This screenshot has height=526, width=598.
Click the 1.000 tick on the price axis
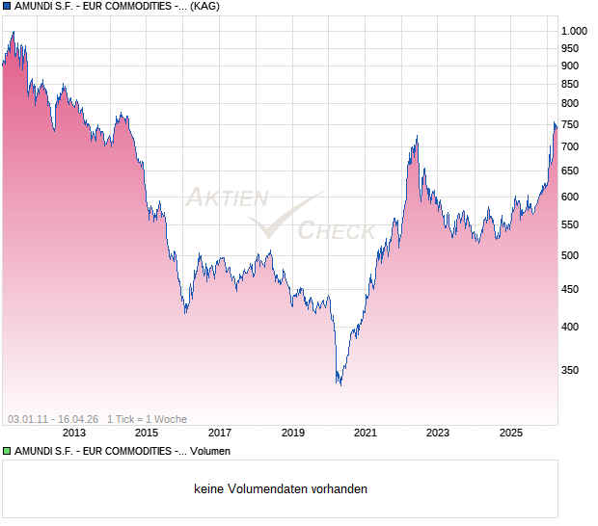573,31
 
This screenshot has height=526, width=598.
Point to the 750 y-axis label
570,124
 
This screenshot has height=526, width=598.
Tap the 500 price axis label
570,255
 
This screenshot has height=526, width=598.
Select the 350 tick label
570,370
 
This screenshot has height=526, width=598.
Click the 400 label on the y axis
570,327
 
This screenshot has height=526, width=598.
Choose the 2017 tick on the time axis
220,434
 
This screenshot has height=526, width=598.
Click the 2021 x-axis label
365,434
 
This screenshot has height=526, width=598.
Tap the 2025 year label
512,434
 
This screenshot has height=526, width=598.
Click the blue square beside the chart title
7,7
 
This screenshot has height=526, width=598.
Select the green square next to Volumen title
7,451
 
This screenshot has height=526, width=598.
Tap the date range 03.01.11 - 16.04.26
53,419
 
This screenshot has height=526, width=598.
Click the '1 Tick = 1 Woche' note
147,419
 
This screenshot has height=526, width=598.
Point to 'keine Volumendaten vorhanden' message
281,489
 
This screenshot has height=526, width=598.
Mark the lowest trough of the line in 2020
339,384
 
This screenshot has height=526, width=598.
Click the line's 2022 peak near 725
417,136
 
